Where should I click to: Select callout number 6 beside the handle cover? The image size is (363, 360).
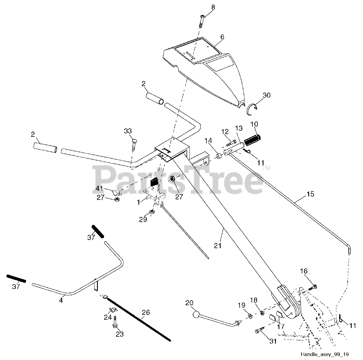(222, 37)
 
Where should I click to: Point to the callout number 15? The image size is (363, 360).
(310, 194)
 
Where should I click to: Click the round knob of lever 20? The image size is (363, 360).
(196, 315)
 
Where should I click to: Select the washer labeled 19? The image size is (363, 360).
(250, 315)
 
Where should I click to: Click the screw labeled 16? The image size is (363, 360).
(312, 287)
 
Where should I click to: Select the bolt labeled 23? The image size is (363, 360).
(115, 323)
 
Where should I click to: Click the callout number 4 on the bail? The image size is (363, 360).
(61, 300)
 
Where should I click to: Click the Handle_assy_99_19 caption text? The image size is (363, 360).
(325, 354)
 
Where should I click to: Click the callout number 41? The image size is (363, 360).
(99, 188)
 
